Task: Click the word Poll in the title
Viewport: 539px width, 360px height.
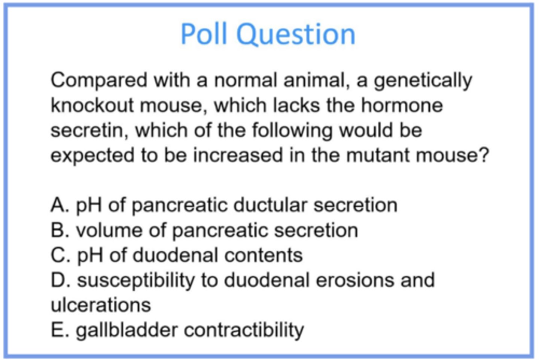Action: pyautogui.click(x=204, y=34)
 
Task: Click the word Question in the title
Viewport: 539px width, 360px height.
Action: pyautogui.click(x=296, y=35)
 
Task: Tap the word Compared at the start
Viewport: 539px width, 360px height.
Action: pyautogui.click(x=99, y=81)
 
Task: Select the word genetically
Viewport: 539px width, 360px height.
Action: pyautogui.click(x=423, y=81)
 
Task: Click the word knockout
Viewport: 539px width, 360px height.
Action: pyautogui.click(x=92, y=105)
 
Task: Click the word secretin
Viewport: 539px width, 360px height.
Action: pyautogui.click(x=89, y=131)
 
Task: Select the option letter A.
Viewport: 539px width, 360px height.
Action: pyautogui.click(x=58, y=205)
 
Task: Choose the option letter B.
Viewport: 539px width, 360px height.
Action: pyautogui.click(x=58, y=230)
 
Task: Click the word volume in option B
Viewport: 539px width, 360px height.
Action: pyautogui.click(x=109, y=230)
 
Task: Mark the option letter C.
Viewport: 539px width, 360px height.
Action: pyautogui.click(x=59, y=255)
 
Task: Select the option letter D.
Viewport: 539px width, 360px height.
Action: pyautogui.click(x=59, y=281)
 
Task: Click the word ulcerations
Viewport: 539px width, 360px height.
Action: pyautogui.click(x=101, y=305)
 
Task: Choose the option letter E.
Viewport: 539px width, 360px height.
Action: pyautogui.click(x=58, y=330)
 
